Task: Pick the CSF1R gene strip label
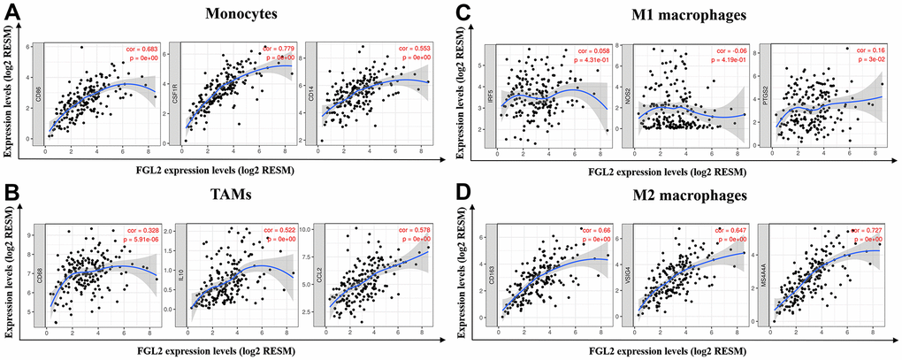click(173, 91)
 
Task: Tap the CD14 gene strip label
click(310, 91)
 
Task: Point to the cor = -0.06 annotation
click(725, 50)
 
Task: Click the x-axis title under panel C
click(681, 167)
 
